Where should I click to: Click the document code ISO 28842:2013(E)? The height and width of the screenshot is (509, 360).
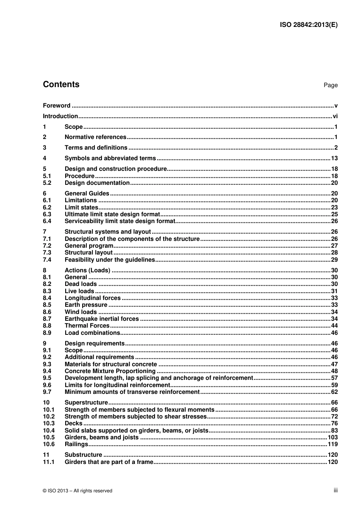(308, 25)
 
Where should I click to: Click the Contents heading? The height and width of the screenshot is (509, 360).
(61, 84)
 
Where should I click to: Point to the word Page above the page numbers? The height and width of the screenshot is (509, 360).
(330, 85)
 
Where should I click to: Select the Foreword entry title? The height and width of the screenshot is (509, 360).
(56, 106)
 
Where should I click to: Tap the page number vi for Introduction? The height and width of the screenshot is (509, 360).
(335, 116)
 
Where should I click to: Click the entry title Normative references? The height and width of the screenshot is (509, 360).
(95, 137)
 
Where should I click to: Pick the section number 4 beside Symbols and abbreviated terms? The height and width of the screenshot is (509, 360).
(45, 158)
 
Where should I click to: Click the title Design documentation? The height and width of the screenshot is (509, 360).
(97, 183)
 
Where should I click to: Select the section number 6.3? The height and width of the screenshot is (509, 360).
(47, 214)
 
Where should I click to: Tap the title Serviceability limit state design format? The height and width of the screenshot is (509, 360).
(120, 221)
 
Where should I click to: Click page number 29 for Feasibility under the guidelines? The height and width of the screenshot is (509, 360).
(334, 260)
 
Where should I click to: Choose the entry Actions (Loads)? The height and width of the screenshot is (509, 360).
(88, 270)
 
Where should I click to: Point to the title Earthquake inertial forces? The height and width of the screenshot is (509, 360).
(102, 319)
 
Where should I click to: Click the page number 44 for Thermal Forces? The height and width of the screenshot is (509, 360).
(334, 326)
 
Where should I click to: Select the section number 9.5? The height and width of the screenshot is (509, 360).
(47, 378)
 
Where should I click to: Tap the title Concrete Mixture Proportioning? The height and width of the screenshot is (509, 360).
(110, 371)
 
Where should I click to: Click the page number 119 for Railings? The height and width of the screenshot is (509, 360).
(333, 444)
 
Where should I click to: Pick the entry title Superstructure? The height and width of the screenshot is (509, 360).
(86, 403)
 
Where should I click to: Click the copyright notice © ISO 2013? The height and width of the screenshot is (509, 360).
(78, 491)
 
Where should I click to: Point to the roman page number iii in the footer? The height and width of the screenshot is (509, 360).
(335, 490)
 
